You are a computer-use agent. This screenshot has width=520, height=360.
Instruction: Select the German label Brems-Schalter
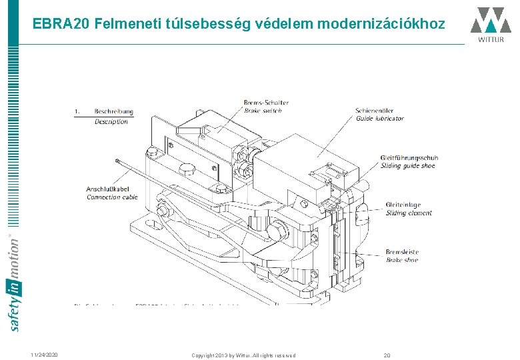click(267, 102)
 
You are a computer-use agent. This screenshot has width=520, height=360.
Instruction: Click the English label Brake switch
click(263, 110)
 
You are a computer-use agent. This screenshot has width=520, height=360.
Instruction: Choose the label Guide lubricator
click(380, 118)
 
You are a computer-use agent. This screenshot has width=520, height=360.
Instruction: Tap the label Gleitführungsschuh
click(409, 157)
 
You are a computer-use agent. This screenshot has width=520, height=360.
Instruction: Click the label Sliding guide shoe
click(408, 165)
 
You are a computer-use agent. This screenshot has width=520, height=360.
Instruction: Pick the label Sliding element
click(409, 213)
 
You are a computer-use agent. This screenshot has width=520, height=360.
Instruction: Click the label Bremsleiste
click(403, 252)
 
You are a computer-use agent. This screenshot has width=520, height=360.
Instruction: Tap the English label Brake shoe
click(402, 260)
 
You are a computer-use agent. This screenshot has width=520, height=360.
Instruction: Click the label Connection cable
click(112, 197)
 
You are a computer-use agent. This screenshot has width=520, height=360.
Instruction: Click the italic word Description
click(111, 121)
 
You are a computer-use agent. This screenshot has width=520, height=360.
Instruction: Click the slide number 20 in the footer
click(387, 355)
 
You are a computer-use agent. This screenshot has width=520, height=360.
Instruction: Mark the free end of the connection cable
click(117, 160)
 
